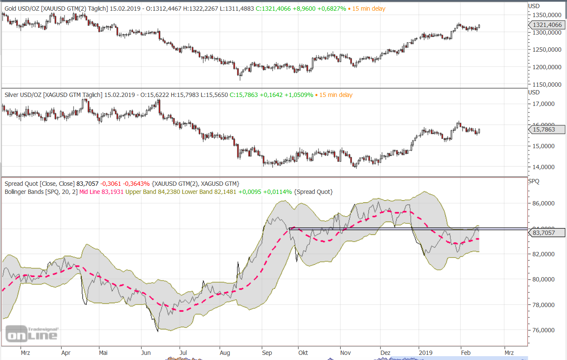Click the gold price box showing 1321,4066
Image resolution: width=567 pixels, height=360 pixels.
point(547,25)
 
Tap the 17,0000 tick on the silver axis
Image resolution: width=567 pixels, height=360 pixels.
point(543,104)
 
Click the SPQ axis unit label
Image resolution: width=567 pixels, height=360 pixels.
point(534,181)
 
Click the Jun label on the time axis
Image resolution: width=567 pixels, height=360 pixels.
point(146,353)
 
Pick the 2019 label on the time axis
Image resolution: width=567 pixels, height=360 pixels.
point(426,353)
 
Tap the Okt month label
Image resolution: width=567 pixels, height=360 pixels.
point(303,353)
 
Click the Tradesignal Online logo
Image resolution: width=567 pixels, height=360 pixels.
point(32,334)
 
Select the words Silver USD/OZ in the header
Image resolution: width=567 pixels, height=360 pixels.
point(23,95)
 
